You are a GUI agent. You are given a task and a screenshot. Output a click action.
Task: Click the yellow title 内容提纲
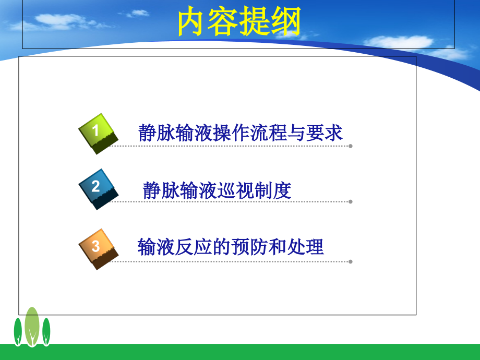coord(239,23)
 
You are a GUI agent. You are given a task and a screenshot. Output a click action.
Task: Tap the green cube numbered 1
coord(97,133)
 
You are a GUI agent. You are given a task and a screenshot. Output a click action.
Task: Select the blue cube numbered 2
coord(97,188)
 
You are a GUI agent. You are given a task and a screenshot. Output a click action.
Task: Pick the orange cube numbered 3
coord(97,248)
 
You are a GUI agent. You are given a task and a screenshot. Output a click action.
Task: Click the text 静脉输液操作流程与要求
coord(241,133)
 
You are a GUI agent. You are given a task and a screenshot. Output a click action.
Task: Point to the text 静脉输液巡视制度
coord(217,190)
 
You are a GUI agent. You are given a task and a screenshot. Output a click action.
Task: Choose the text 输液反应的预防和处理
coord(231,247)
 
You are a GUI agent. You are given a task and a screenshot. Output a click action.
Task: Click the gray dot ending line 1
coord(351,146)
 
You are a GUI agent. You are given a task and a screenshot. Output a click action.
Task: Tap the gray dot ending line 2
coord(351,201)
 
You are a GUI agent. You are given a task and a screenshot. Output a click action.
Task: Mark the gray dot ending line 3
coord(351,261)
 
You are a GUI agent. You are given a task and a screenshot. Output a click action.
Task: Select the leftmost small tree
coord(18,331)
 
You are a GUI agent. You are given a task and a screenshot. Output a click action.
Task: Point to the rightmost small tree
coord(46,331)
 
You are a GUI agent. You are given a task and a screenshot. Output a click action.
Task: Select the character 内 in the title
coord(193,23)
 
